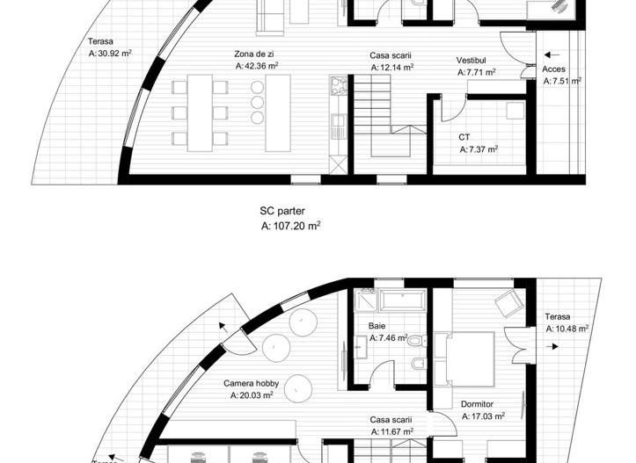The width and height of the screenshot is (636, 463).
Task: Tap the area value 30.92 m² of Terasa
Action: [110, 53]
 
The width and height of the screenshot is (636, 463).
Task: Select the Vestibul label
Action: [471, 61]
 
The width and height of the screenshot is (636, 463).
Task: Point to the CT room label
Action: [464, 137]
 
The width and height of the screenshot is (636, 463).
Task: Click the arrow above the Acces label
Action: [552, 54]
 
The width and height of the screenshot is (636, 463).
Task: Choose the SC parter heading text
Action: [282, 211]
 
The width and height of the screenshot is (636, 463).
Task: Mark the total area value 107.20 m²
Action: [291, 226]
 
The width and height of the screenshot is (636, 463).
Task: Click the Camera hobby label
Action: [251, 383]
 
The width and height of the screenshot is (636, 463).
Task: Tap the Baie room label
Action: [376, 326]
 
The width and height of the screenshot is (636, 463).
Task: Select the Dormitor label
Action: [477, 404]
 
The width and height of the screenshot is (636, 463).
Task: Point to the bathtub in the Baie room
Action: [402, 300]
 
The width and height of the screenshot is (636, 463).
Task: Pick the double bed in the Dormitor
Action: [464, 359]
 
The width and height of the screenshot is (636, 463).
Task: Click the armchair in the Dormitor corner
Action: [508, 303]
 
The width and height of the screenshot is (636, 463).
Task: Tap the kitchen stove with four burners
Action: [339, 85]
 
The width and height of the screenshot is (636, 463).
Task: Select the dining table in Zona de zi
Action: [200, 112]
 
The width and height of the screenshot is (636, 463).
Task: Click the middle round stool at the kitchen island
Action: [257, 102]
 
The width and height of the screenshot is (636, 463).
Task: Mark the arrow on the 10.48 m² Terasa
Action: [552, 346]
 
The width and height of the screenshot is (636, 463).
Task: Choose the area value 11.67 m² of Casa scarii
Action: [392, 431]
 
